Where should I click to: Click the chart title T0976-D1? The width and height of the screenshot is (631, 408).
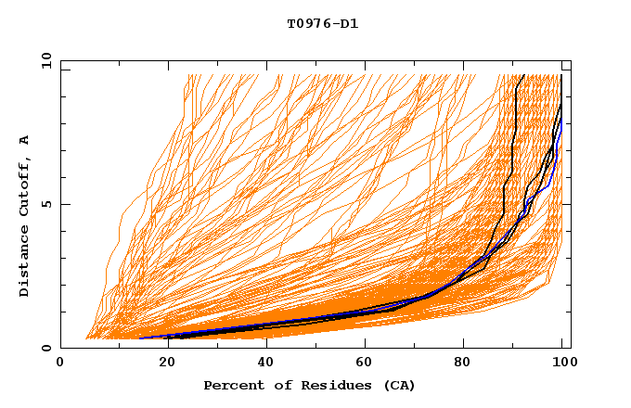322,23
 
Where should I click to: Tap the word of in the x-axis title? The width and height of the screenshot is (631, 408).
277,385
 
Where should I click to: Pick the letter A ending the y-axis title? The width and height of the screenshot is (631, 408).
25,140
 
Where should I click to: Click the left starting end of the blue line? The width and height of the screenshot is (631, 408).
140,338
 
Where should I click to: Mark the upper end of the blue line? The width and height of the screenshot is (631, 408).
561,119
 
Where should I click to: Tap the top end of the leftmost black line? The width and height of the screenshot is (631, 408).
523,75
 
